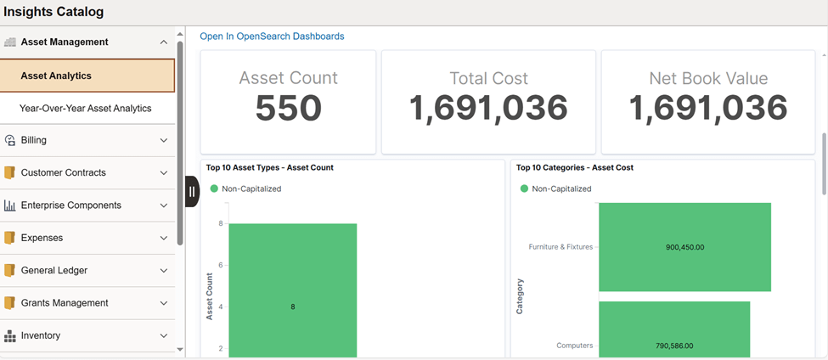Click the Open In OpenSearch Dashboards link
tap(272, 37)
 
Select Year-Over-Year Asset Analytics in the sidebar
tap(86, 108)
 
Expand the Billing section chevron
tap(164, 140)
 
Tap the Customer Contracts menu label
tap(64, 172)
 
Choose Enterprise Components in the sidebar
tap(71, 205)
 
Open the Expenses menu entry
tap(42, 238)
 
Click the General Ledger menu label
tap(54, 270)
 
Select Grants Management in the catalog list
tap(65, 303)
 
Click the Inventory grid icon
tap(10, 335)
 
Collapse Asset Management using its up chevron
tap(164, 42)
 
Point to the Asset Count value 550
tap(289, 108)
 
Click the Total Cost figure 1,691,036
tap(489, 108)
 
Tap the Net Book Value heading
tap(708, 78)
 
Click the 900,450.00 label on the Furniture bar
tap(684, 247)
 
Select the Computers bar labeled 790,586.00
tap(674, 329)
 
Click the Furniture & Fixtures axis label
tap(560, 246)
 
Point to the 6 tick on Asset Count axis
tap(221, 265)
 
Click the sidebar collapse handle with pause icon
tap(192, 192)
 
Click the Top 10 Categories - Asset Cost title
tap(575, 168)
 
